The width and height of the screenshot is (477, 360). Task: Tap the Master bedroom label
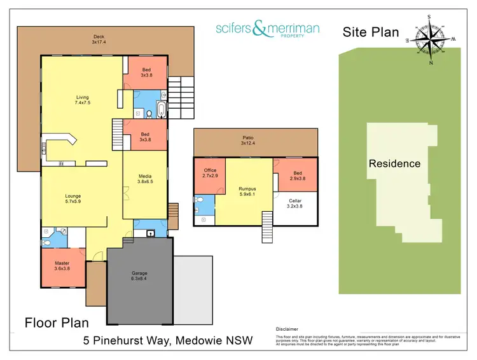click(x=62, y=263)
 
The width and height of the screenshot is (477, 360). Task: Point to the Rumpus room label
click(x=247, y=188)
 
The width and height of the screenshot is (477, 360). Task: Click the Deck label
click(x=99, y=36)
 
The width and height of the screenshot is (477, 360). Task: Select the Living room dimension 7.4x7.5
click(x=83, y=102)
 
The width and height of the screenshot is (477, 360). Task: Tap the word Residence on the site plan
click(x=394, y=163)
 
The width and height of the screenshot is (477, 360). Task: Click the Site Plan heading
click(x=371, y=32)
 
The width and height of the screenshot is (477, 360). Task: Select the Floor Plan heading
click(x=57, y=322)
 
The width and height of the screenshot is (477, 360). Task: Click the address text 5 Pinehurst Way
click(x=127, y=341)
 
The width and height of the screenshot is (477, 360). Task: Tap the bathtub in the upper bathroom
click(x=161, y=110)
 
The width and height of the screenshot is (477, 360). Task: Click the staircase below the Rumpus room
click(x=269, y=226)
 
